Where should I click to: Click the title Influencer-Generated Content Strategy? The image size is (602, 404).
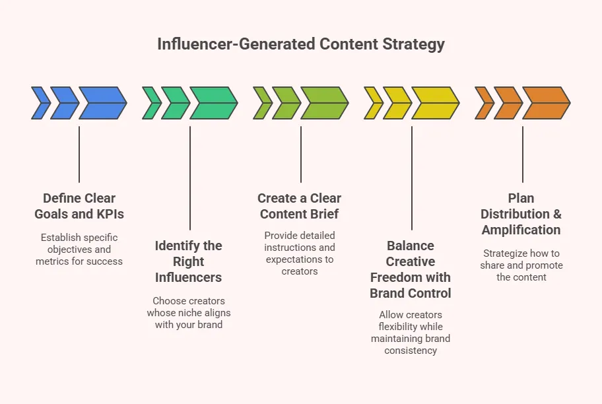(x=301, y=44)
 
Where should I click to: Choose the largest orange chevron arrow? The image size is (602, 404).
(x=546, y=103)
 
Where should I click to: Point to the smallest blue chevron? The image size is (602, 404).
(x=40, y=103)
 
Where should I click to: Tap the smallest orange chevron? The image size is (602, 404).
(x=484, y=103)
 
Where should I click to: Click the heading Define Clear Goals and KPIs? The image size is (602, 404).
(x=79, y=206)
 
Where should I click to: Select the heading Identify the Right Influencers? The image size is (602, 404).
(x=189, y=261)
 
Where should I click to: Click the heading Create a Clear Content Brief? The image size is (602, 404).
(x=300, y=206)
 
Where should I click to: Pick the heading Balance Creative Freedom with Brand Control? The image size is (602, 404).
(x=411, y=269)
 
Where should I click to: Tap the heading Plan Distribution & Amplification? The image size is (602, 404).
(x=521, y=214)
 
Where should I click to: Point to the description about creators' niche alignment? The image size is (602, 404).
(x=189, y=313)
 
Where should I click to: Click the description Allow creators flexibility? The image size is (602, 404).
(x=411, y=333)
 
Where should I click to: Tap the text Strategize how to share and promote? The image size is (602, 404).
(x=521, y=265)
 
